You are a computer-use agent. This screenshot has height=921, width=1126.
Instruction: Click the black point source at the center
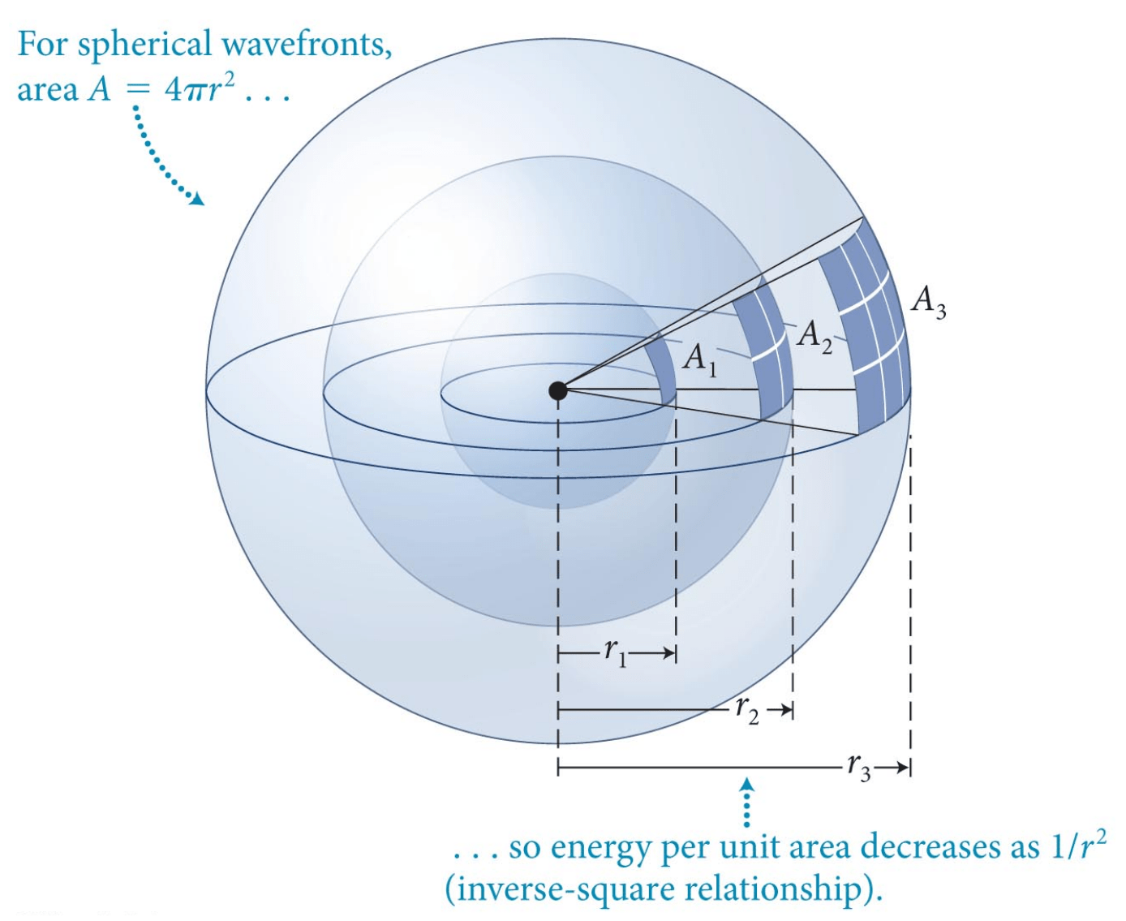[x=558, y=390]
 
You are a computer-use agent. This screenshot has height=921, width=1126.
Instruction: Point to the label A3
[x=928, y=302]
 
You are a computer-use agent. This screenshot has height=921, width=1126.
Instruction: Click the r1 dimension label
[x=616, y=652]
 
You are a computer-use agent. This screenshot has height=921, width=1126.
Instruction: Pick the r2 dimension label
[x=747, y=710]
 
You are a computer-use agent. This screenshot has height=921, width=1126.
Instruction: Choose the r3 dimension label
[x=859, y=767]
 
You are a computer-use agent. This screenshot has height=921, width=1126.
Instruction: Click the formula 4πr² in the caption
[x=200, y=88]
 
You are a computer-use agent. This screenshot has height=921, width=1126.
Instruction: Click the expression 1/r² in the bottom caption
[x=1079, y=846]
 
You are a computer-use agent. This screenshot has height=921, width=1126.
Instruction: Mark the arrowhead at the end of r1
[x=670, y=653]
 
